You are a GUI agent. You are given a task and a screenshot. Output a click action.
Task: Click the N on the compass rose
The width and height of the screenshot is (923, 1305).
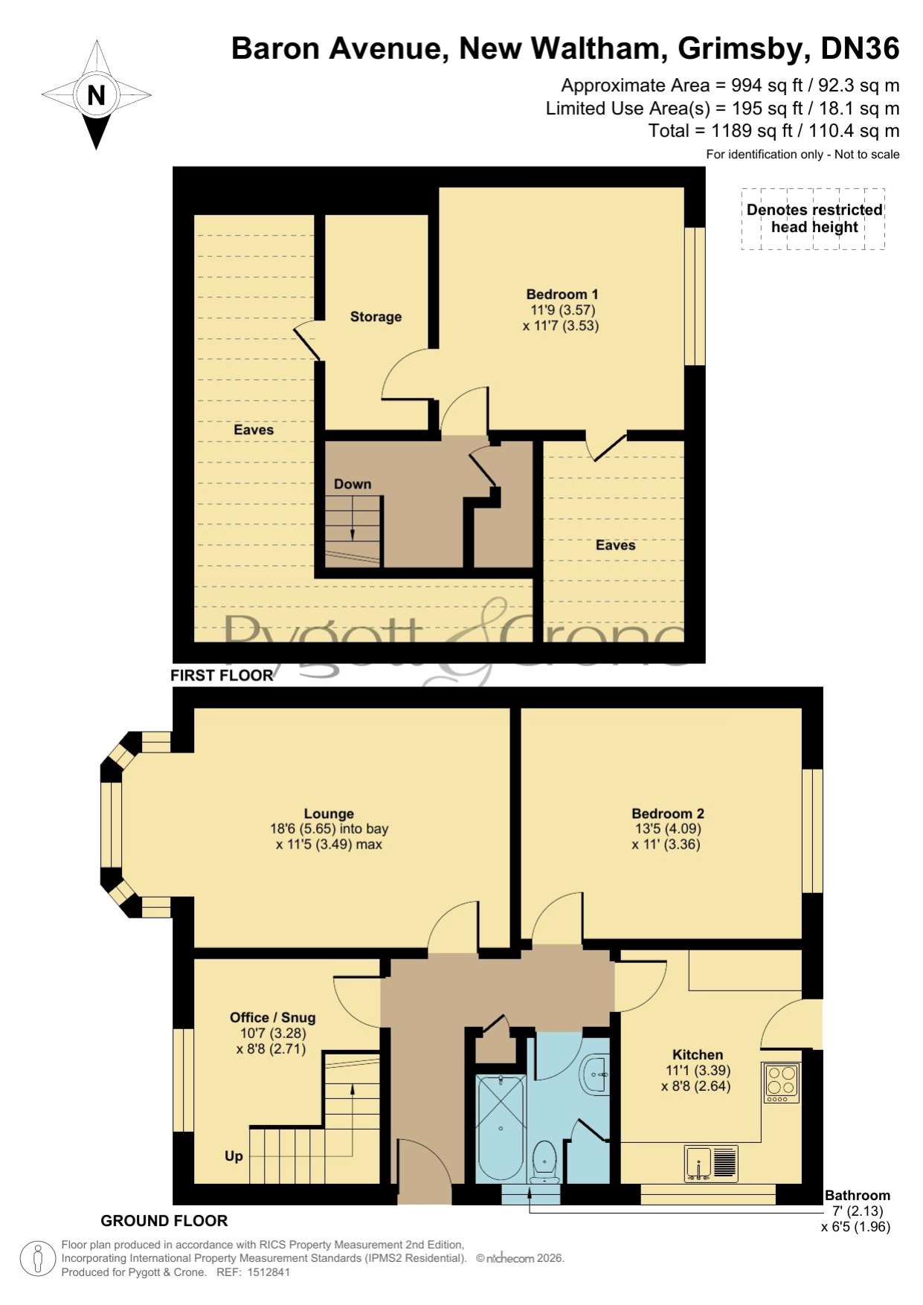pyautogui.click(x=96, y=95)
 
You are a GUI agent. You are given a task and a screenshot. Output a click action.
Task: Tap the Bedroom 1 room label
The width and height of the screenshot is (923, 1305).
pyautogui.click(x=562, y=294)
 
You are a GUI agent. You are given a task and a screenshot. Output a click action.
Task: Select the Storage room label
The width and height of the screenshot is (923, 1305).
pyautogui.click(x=376, y=317)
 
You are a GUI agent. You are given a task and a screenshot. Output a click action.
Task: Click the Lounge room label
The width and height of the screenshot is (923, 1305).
pyautogui.click(x=329, y=813)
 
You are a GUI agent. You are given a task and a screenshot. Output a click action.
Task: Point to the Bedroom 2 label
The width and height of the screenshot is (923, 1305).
pyautogui.click(x=667, y=813)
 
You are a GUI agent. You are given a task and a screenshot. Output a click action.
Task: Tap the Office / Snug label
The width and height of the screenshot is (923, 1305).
pyautogui.click(x=272, y=1017)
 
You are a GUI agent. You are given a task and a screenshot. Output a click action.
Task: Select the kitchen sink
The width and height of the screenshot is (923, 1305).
pyautogui.click(x=712, y=1164)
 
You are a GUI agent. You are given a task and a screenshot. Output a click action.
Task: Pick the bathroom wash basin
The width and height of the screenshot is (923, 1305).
pyautogui.click(x=595, y=1074)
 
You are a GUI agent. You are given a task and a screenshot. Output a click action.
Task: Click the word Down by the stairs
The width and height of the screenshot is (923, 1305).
pyautogui.click(x=353, y=484)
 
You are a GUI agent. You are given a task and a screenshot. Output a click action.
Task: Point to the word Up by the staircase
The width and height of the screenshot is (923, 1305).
pyautogui.click(x=234, y=1156)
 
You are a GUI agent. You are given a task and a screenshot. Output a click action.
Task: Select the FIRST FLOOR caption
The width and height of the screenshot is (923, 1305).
pyautogui.click(x=222, y=675)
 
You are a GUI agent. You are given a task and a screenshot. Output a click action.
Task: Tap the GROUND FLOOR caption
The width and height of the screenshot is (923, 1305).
pyautogui.click(x=164, y=1220)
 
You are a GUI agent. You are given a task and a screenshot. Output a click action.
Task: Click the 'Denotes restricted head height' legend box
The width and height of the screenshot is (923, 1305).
pyautogui.click(x=814, y=219)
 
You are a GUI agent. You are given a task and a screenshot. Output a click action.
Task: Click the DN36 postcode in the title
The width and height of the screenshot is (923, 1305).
pyautogui.click(x=860, y=48)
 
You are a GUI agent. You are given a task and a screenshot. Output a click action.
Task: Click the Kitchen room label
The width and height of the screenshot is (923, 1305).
pyautogui.click(x=697, y=1054)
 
